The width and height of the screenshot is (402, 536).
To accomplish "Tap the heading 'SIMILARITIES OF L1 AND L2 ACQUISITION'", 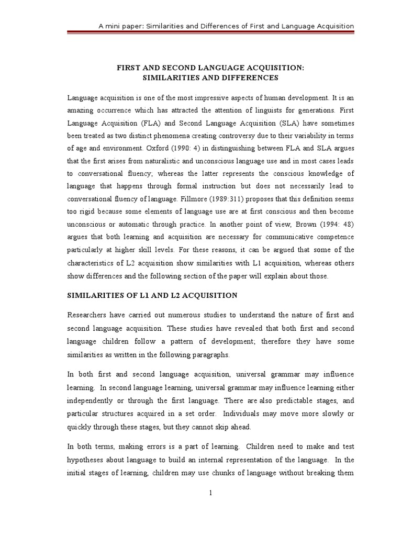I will (152, 295).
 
